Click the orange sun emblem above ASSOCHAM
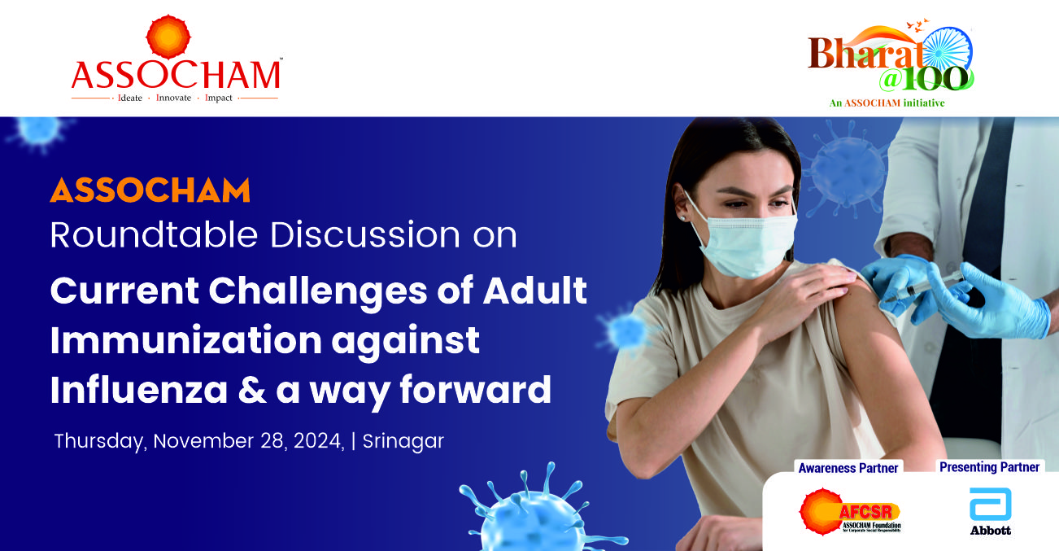pyautogui.click(x=168, y=37)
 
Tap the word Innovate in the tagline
pyautogui.click(x=173, y=98)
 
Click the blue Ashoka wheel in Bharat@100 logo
pyautogui.click(x=948, y=51)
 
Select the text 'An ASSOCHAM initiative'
pyautogui.click(x=887, y=103)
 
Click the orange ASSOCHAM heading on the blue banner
pyautogui.click(x=150, y=190)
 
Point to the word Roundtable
pyautogui.click(x=154, y=234)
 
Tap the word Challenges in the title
pyautogui.click(x=318, y=292)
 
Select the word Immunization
pyautogui.click(x=186, y=340)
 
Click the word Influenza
pyautogui.click(x=139, y=390)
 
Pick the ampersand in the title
pyautogui.click(x=251, y=391)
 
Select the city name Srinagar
pyautogui.click(x=403, y=441)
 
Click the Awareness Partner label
pyautogui.click(x=848, y=468)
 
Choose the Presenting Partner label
pyautogui.click(x=989, y=467)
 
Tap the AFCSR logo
pyautogui.click(x=850, y=512)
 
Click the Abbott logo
pyautogui.click(x=991, y=512)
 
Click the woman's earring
pyautogui.click(x=682, y=218)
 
